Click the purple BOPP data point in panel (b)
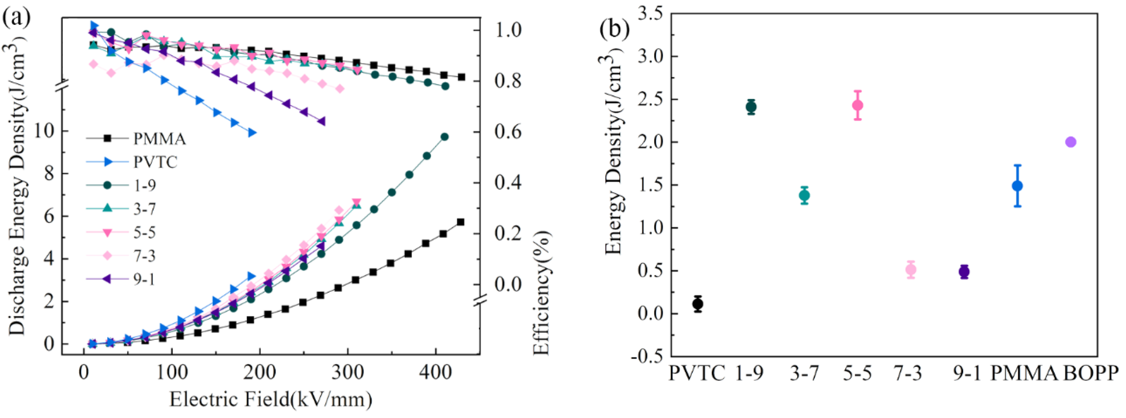[x=1070, y=142]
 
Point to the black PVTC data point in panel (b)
[x=698, y=304]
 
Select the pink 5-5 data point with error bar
[x=858, y=105]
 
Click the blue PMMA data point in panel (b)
[x=1017, y=186]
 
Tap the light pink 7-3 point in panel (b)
[x=911, y=270]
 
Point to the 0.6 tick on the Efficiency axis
[x=508, y=132]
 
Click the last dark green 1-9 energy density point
[x=444, y=137]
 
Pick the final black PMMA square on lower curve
[x=460, y=222]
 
